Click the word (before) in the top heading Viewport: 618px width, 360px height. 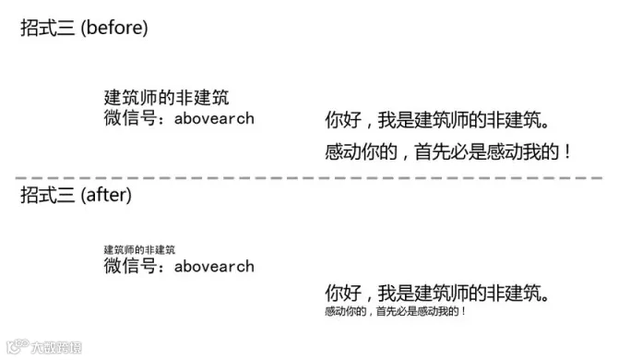point(114,28)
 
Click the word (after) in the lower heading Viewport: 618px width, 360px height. point(106,195)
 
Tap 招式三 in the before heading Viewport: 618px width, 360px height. point(47,28)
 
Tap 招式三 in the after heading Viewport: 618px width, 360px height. point(47,195)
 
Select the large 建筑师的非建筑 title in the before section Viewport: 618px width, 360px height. point(166,98)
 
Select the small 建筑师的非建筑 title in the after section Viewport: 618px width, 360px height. point(139,249)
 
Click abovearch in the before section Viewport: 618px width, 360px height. point(214,118)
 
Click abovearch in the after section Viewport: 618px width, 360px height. point(214,266)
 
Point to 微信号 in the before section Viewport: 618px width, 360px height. point(130,118)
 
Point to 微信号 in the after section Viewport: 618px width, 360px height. point(130,266)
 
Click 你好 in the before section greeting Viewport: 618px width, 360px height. point(343,120)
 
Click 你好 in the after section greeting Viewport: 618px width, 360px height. point(343,294)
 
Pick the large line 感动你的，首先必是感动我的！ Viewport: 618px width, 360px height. point(447,151)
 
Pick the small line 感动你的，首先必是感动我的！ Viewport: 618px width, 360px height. point(396,311)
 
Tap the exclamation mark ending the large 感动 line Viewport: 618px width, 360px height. point(567,151)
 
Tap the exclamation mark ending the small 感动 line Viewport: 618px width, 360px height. point(463,311)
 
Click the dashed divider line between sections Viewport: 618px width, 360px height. point(309,178)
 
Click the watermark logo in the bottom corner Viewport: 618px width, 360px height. point(44,347)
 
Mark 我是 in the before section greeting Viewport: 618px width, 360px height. point(396,120)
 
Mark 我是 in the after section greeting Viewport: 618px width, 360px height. point(396,294)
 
